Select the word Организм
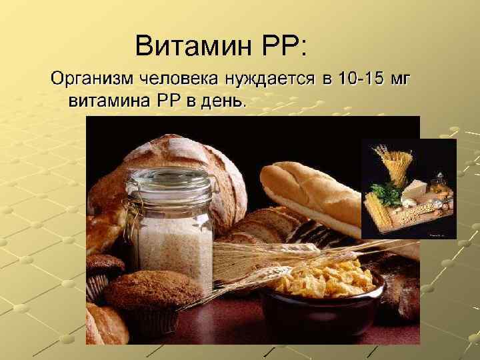(92, 81)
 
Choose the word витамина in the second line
(110, 101)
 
